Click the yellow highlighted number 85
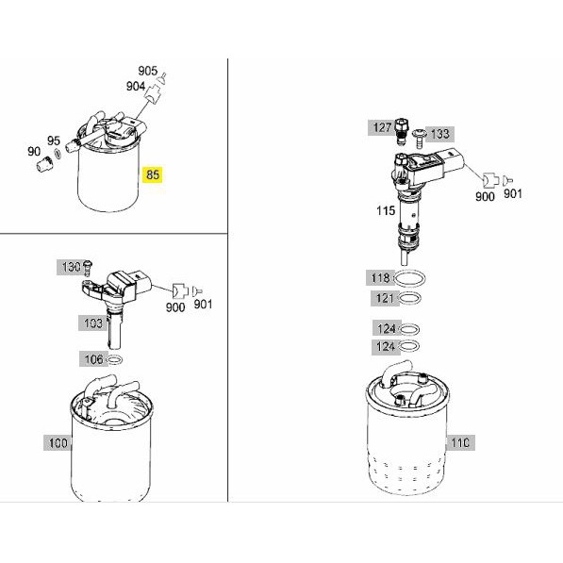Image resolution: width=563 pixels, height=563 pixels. [153, 174]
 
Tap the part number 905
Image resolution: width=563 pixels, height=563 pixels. [147, 71]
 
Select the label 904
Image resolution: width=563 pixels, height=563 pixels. [136, 86]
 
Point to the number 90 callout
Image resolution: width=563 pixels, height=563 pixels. [34, 152]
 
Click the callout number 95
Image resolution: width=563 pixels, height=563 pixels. [54, 141]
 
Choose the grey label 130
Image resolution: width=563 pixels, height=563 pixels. [71, 267]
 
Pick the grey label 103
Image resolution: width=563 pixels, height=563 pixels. [92, 323]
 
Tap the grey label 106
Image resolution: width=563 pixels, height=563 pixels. [93, 359]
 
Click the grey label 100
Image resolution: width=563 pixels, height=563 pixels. [58, 443]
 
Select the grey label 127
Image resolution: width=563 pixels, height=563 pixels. [382, 127]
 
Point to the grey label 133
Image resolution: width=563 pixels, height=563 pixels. [440, 134]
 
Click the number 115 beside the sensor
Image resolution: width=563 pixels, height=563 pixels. [386, 210]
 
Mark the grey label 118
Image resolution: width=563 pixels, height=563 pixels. [380, 278]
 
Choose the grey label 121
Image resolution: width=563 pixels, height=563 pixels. [385, 298]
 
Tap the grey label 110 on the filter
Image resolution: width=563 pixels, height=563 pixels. [460, 442]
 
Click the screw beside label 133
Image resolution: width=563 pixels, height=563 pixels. [419, 139]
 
